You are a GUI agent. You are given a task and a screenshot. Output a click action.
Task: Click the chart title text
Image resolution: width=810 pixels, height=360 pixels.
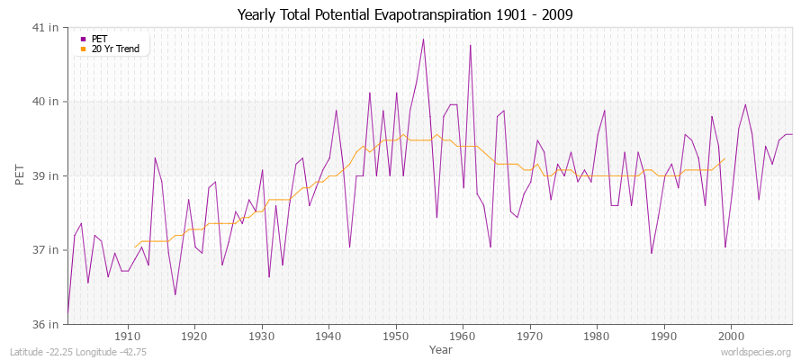click(x=404, y=14)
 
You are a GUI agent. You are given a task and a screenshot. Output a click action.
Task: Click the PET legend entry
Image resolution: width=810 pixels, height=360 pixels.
click(x=98, y=39)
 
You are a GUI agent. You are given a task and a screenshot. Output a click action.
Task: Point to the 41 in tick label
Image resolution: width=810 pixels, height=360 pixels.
click(x=46, y=27)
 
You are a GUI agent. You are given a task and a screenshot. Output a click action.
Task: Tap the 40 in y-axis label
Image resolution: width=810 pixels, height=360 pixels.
click(x=46, y=101)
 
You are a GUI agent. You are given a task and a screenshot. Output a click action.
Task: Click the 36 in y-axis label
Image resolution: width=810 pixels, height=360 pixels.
click(x=46, y=324)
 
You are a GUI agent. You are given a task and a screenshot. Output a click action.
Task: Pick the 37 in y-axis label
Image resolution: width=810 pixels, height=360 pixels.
click(x=46, y=249)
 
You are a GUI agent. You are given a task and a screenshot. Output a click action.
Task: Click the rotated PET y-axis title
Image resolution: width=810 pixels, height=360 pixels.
click(x=21, y=175)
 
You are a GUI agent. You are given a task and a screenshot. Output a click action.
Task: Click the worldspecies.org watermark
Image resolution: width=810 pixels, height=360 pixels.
click(x=756, y=352)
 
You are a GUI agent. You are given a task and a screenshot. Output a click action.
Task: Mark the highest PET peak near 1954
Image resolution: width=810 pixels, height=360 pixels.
click(x=423, y=39)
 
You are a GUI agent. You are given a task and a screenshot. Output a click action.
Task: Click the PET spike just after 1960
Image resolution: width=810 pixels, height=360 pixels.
click(x=470, y=45)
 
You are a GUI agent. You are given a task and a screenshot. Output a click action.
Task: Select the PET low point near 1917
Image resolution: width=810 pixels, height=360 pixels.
click(x=175, y=294)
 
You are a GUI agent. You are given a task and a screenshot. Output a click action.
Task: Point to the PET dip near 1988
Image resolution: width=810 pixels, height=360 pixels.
click(x=652, y=253)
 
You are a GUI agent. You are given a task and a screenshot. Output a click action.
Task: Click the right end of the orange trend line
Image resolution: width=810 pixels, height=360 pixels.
click(x=724, y=158)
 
